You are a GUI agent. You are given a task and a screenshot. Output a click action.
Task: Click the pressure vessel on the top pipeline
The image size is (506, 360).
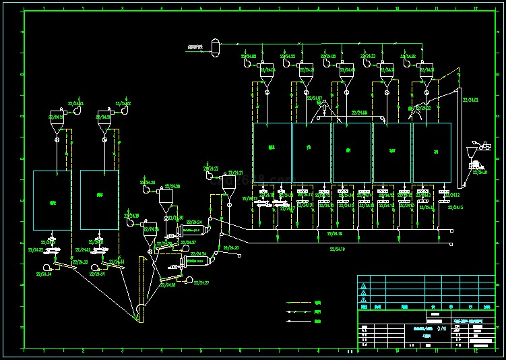(x=215, y=46)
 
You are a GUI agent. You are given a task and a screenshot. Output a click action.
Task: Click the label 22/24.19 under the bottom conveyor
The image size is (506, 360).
(x=338, y=249)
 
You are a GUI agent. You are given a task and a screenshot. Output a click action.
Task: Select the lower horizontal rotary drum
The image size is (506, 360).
(x=195, y=260)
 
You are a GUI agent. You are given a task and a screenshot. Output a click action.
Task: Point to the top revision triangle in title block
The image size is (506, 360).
(x=365, y=285)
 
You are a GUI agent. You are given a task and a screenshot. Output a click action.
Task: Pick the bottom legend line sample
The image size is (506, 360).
(x=301, y=322)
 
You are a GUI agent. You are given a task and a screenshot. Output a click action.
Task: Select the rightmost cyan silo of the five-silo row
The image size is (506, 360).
(x=431, y=151)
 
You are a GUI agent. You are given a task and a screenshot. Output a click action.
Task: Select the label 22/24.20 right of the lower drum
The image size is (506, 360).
(x=231, y=248)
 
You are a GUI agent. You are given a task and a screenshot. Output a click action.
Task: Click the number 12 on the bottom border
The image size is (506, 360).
(x=475, y=351)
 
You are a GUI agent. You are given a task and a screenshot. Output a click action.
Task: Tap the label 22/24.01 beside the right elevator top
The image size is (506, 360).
(x=470, y=100)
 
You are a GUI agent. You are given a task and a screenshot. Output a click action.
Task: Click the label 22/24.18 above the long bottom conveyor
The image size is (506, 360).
(x=335, y=233)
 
